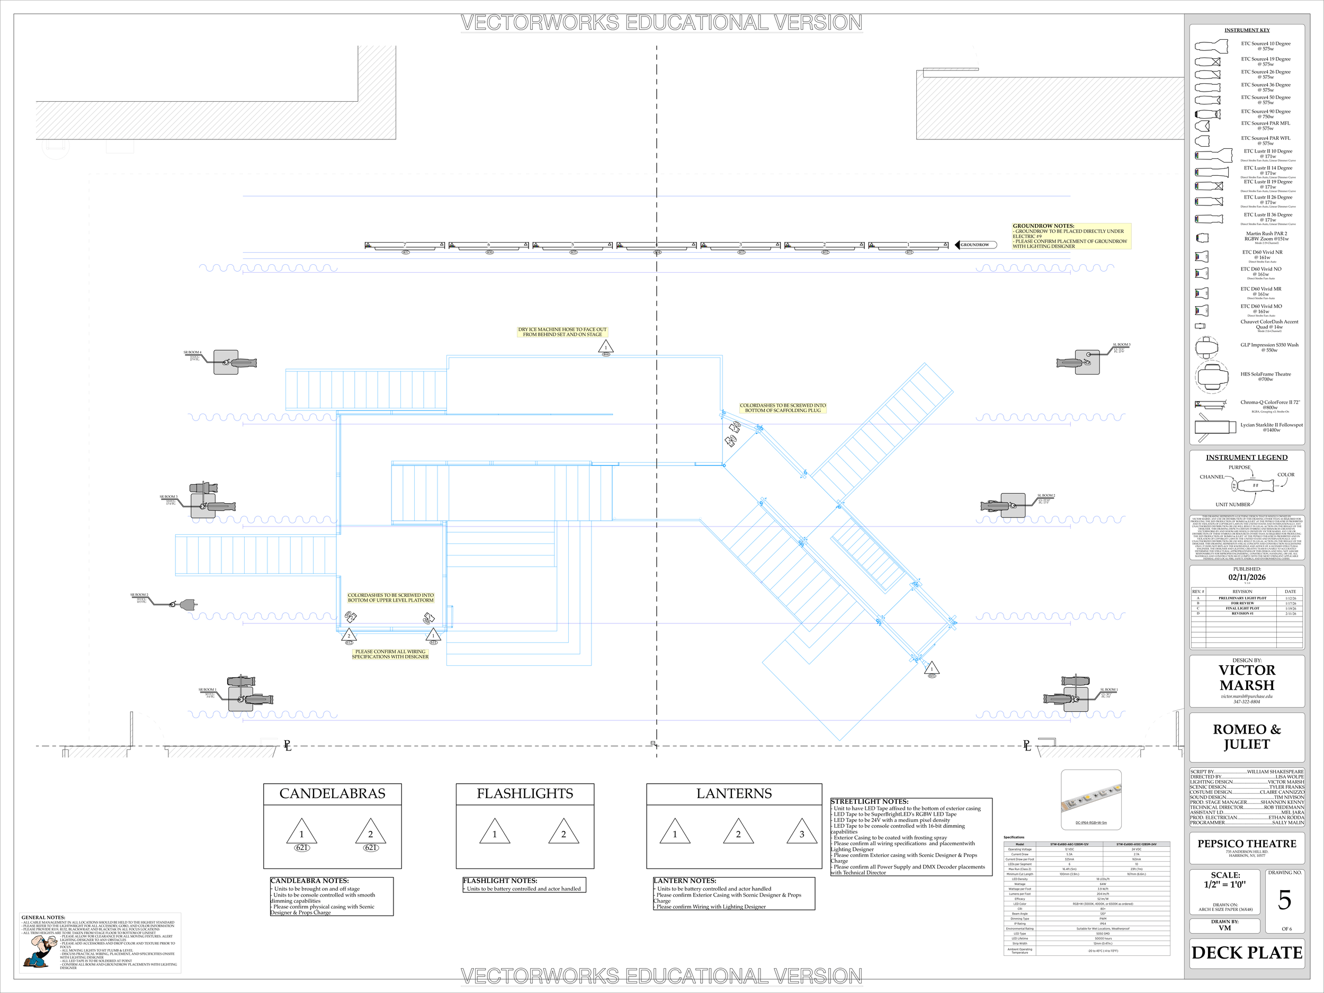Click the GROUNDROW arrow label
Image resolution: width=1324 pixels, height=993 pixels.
coord(975,245)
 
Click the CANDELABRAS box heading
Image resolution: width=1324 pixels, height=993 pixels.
coord(332,794)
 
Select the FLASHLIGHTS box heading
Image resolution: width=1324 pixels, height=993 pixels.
coord(525,794)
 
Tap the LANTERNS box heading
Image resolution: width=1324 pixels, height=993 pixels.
coord(734,794)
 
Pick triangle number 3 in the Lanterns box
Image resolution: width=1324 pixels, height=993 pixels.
coord(801,832)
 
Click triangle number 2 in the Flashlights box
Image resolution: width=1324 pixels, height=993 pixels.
coord(563,832)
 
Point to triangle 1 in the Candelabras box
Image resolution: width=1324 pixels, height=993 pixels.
coord(302,832)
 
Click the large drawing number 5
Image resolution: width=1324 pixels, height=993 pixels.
coord(1284,900)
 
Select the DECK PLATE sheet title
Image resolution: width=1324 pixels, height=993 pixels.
coord(1247,953)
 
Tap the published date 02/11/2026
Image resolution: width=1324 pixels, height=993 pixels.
coord(1247,578)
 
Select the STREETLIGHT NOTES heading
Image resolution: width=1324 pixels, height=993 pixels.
coord(869,801)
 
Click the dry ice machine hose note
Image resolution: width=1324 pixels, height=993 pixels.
coord(562,332)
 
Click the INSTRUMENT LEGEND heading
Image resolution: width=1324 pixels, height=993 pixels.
coord(1246,457)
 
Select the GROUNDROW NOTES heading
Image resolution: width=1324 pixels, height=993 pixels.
coord(1043,226)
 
